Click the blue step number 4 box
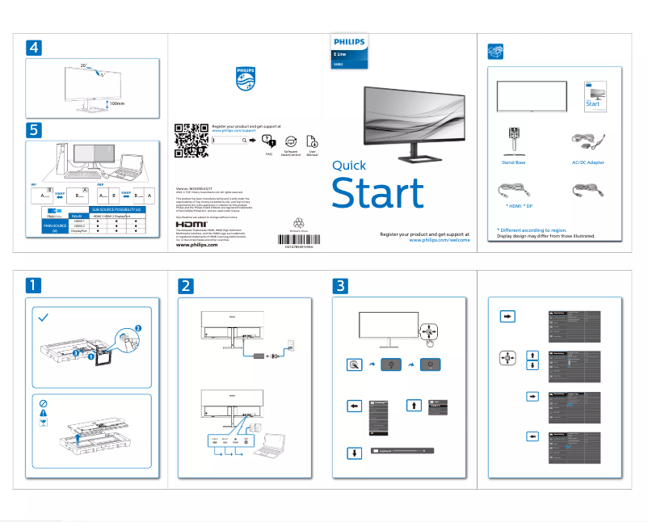pos(33,48)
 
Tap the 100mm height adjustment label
pos(118,103)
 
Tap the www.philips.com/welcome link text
pos(440,240)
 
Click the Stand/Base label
pos(514,162)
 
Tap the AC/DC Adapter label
pos(587,162)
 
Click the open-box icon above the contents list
pos(496,51)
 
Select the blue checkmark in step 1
pos(44,318)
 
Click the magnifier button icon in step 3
pos(352,365)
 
